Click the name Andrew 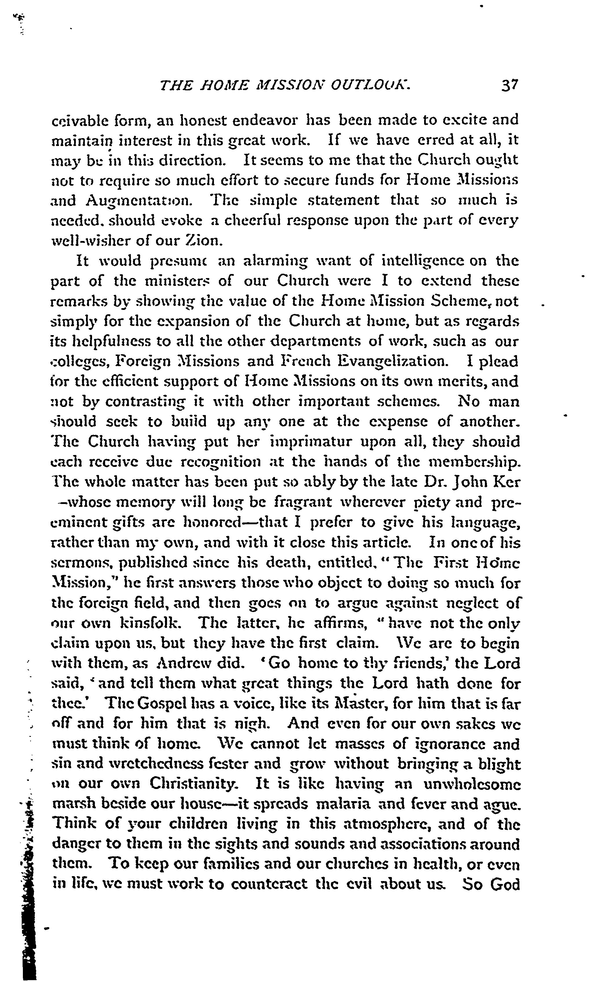click(184, 664)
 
